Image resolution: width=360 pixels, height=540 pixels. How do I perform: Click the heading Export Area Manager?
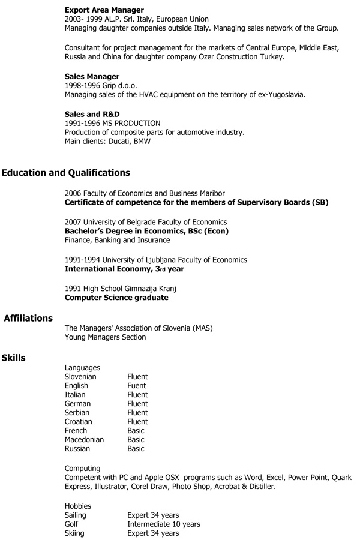[104, 10]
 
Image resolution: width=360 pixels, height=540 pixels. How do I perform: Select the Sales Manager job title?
[92, 76]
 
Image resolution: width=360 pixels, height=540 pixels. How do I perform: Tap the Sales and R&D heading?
[92, 114]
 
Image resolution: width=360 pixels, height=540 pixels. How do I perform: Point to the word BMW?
[142, 142]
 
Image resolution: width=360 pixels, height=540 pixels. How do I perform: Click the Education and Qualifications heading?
[66, 173]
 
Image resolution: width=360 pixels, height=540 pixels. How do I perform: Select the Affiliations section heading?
[28, 319]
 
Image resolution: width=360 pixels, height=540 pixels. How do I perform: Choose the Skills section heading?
[13, 358]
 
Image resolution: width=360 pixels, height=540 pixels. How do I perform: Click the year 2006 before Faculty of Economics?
[73, 193]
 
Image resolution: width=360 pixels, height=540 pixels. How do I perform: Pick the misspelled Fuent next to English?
[137, 386]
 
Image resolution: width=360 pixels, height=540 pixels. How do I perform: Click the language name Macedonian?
[84, 440]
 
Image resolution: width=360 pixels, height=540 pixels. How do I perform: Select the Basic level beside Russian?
[136, 449]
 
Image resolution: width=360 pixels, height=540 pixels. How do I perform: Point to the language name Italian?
[75, 395]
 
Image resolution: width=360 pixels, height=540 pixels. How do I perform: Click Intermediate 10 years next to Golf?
[163, 524]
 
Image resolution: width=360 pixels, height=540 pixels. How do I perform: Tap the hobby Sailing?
[76, 515]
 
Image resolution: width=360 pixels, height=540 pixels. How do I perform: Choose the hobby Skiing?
[74, 533]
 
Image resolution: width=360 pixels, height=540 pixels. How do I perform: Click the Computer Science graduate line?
[116, 298]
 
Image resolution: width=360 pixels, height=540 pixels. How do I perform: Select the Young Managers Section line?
[105, 337]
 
